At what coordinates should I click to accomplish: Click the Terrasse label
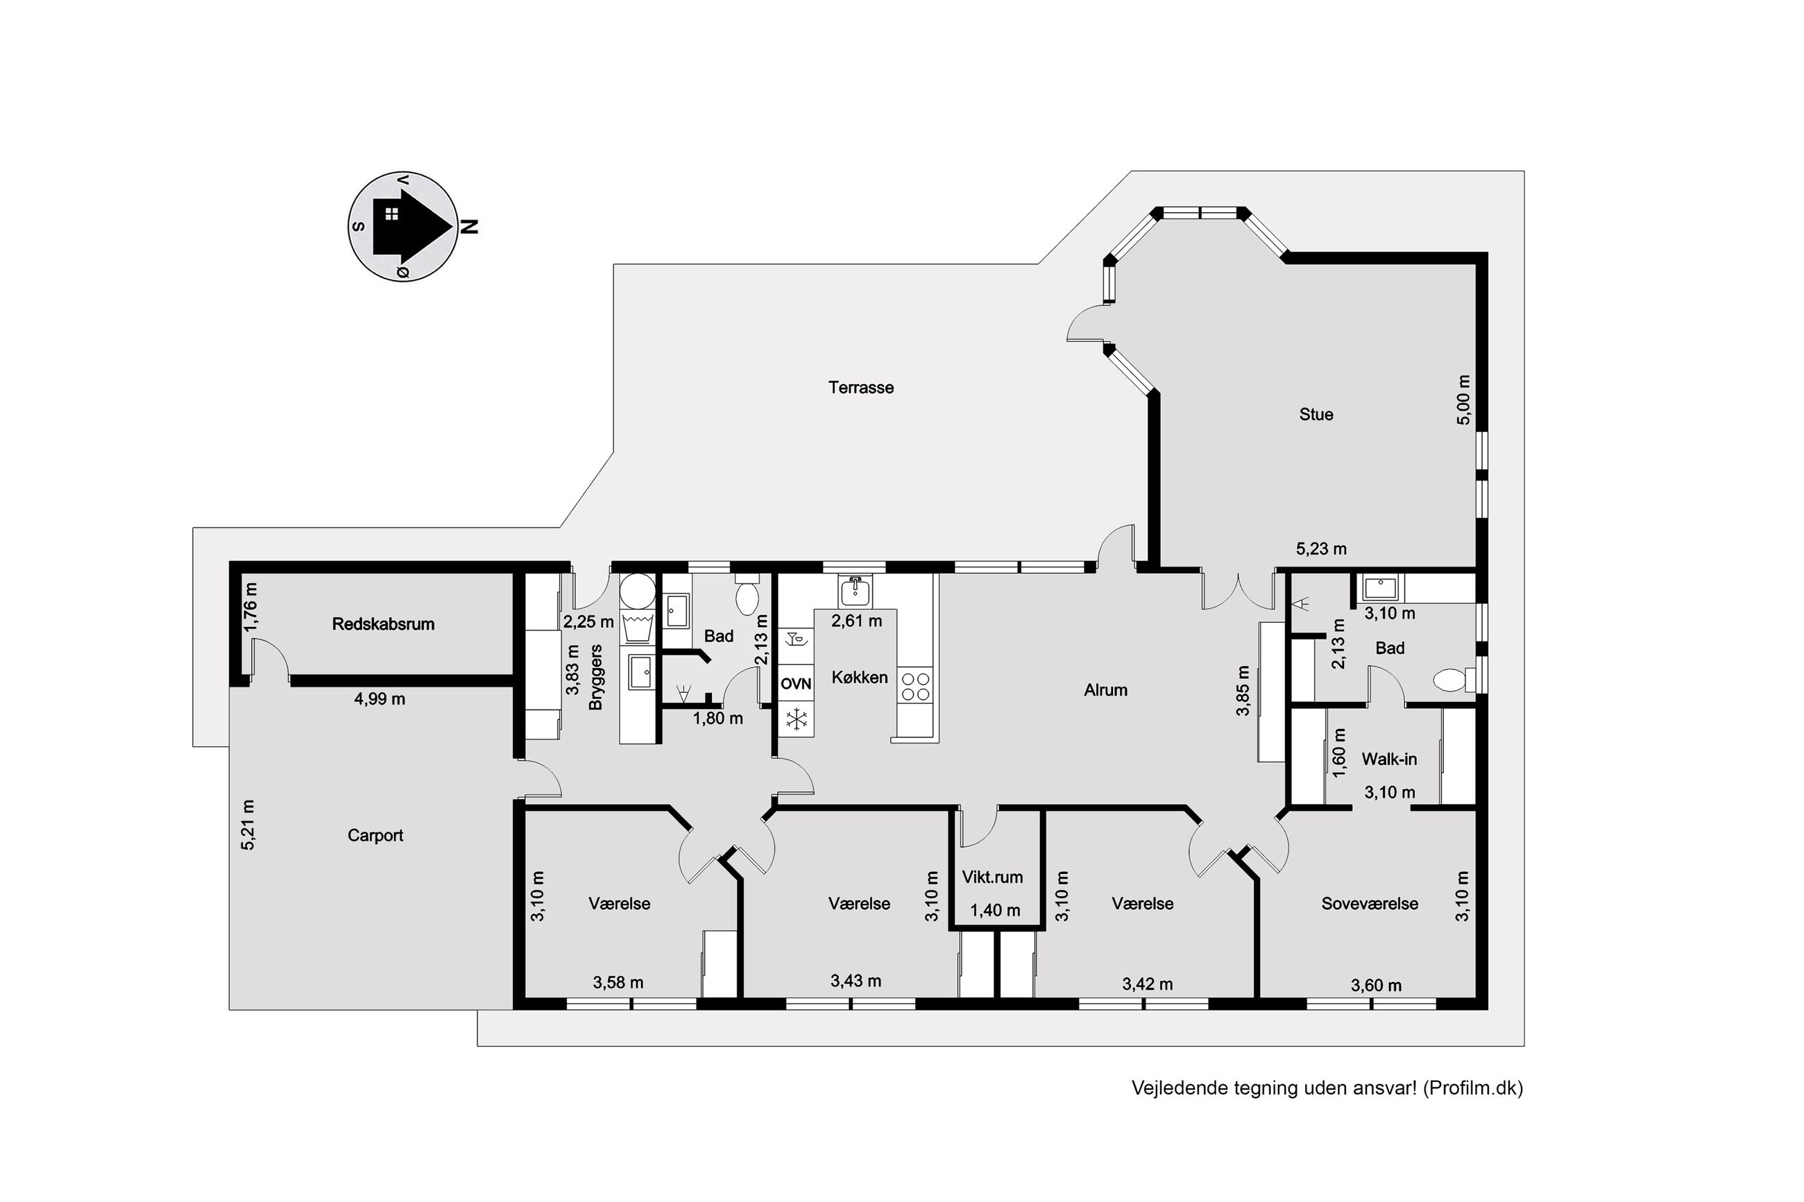click(x=861, y=388)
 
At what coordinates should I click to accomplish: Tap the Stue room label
click(x=1316, y=415)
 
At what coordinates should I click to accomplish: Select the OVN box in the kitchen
click(x=796, y=684)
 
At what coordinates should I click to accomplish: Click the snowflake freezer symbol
click(x=797, y=720)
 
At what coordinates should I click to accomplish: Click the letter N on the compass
click(x=469, y=226)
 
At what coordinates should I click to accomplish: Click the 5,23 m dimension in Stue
click(x=1321, y=549)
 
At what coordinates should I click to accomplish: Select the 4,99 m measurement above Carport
click(x=380, y=699)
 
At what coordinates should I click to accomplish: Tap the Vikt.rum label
click(x=993, y=877)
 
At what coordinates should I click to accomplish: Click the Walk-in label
click(x=1389, y=759)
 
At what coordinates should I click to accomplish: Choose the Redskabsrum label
click(x=383, y=624)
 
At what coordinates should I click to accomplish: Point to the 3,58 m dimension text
click(x=618, y=983)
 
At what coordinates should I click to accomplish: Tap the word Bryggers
click(x=597, y=677)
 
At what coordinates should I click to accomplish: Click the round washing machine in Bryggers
click(x=637, y=591)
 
